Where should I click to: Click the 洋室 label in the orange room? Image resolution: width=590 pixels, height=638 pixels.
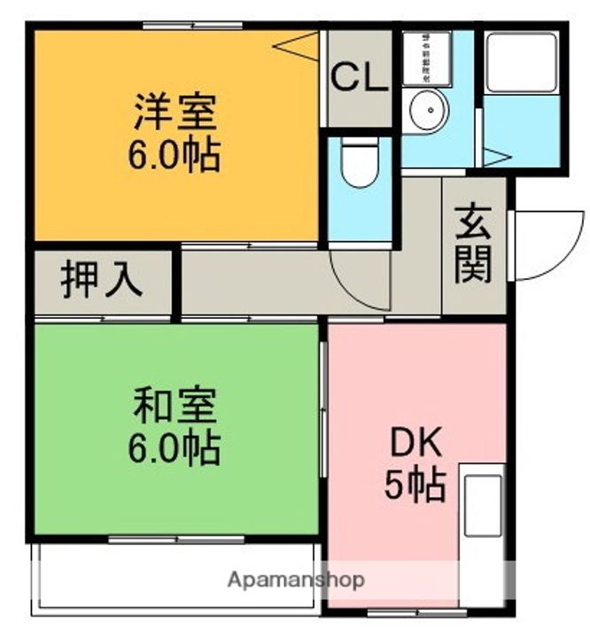[175, 113]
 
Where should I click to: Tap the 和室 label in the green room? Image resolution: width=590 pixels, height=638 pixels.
[175, 407]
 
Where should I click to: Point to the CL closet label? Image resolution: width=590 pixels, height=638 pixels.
[358, 77]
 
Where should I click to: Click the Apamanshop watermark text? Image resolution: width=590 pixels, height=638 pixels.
[296, 580]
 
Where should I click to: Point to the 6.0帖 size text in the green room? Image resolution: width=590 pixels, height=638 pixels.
[175, 448]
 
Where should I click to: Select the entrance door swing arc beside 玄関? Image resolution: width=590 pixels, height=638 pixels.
[547, 245]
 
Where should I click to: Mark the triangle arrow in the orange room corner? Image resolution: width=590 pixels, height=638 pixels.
[299, 45]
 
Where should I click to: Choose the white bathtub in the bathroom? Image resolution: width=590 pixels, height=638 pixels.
[521, 61]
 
